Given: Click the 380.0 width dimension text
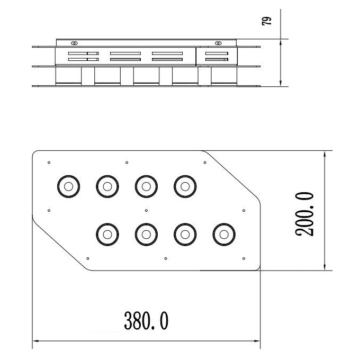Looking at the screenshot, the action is (146, 321).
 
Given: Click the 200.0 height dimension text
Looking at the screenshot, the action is (304, 214).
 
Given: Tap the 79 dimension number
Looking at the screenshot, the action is (266, 21).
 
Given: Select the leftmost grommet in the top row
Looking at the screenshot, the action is (68, 186).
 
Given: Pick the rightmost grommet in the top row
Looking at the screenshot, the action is (185, 186).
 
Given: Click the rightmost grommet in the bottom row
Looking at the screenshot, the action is (224, 235).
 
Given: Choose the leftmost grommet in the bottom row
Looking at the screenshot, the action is (107, 235).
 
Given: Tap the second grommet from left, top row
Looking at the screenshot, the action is (107, 186).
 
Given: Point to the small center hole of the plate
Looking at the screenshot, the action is (146, 211).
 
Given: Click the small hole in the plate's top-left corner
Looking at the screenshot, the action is (49, 163).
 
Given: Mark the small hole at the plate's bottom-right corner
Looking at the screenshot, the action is (244, 258).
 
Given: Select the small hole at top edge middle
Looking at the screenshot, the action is (127, 163).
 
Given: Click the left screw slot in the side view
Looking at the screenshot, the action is (74, 43).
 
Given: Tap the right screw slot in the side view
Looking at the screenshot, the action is (218, 43).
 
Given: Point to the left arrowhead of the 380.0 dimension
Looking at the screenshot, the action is (36, 341).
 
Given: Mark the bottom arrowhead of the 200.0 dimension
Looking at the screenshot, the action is (325, 267).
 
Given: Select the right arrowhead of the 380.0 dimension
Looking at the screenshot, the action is (256, 341).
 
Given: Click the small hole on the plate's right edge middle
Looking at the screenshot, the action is (244, 211).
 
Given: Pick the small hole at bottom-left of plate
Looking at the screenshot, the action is (88, 258).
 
